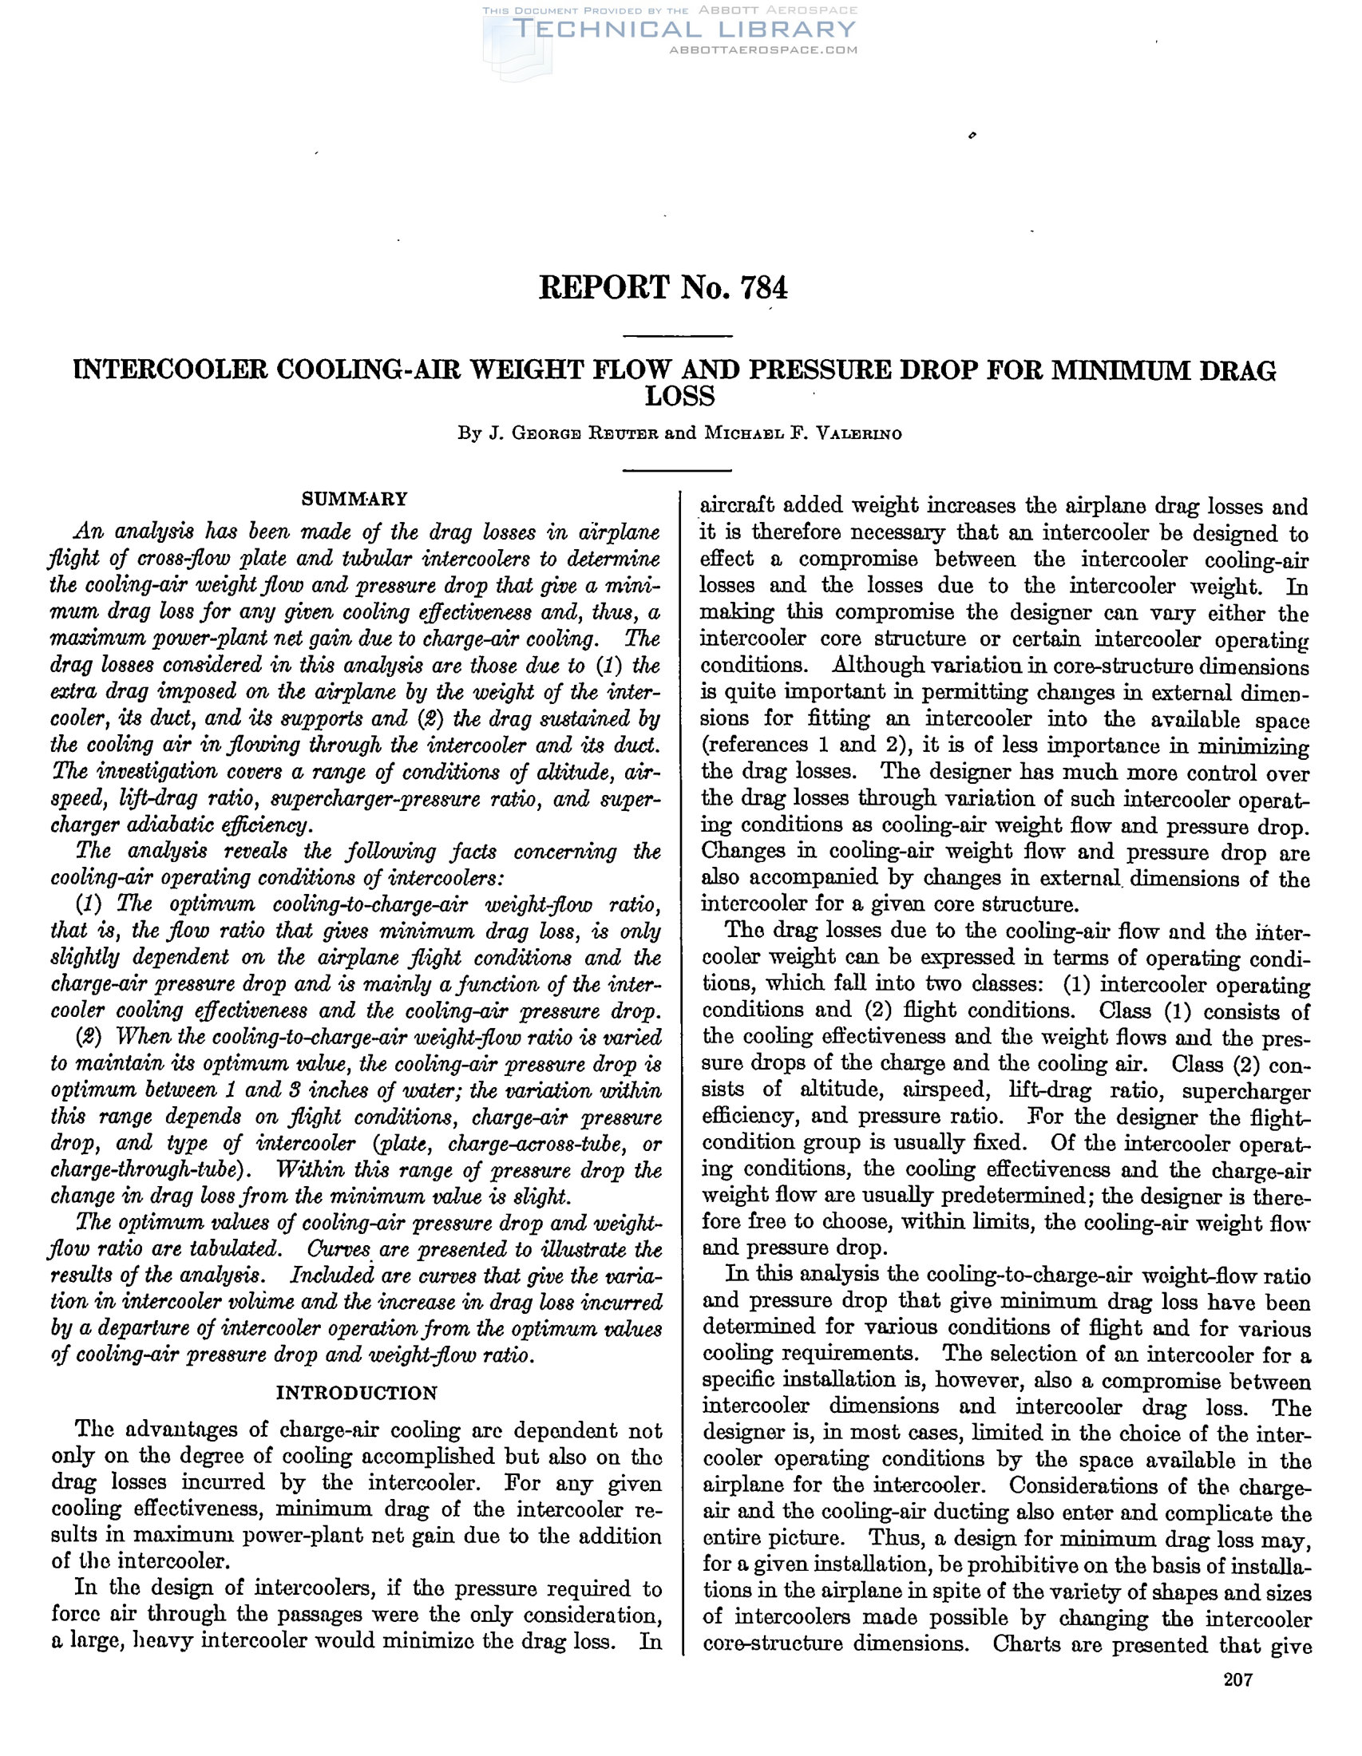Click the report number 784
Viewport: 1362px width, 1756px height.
765,287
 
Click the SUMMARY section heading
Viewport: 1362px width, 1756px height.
354,500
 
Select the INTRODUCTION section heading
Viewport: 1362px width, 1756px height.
356,1393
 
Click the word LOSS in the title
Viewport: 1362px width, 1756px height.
680,397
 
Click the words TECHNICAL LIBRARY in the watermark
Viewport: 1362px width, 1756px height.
684,30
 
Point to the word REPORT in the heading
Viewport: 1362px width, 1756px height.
604,287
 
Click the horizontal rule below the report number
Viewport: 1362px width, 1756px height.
678,335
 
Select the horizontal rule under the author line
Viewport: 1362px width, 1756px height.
678,469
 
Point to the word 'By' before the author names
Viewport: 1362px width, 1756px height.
469,434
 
